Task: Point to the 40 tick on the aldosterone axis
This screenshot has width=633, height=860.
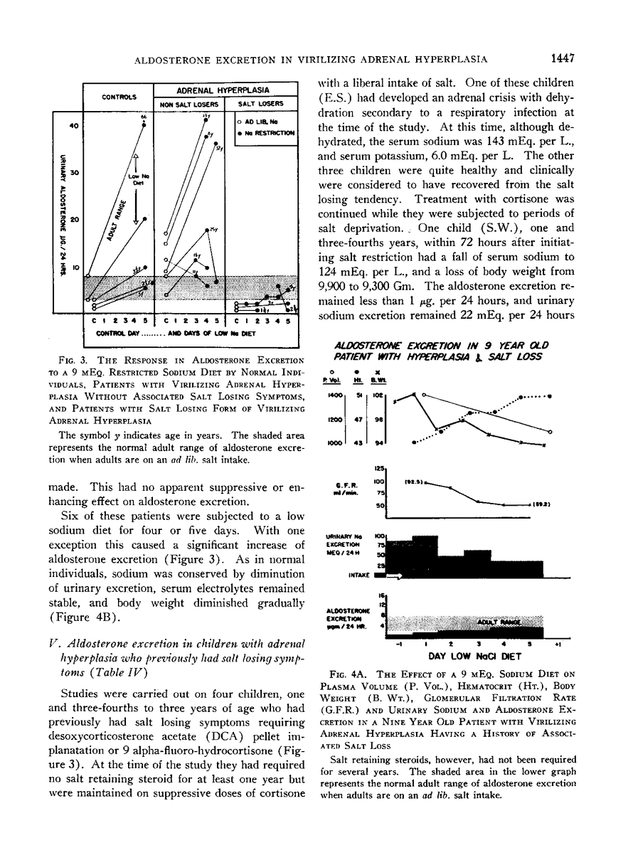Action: click(x=73, y=127)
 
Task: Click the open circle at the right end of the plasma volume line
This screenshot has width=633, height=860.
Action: click(x=550, y=431)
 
